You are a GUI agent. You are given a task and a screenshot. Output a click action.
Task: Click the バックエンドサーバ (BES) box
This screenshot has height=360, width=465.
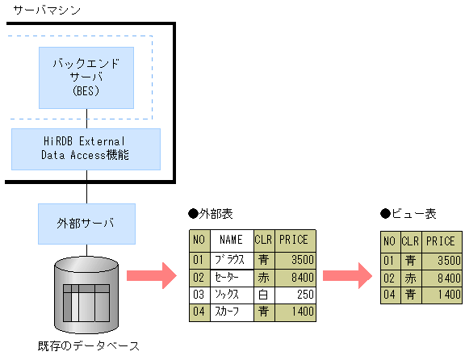(x=86, y=77)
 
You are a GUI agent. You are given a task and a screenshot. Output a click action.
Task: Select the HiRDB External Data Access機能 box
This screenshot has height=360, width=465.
(x=86, y=148)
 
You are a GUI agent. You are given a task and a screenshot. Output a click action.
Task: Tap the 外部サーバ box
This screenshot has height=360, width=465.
(x=86, y=224)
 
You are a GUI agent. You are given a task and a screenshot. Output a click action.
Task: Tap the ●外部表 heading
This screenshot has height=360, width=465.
(x=211, y=215)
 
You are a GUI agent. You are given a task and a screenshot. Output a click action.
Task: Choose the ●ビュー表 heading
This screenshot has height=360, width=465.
(x=408, y=215)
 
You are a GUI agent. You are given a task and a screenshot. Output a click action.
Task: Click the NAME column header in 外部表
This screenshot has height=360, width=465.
(x=231, y=240)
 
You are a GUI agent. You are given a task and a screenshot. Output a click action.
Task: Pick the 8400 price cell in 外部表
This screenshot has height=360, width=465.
(x=295, y=276)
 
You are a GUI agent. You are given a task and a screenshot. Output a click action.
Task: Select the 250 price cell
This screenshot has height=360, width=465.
(x=295, y=294)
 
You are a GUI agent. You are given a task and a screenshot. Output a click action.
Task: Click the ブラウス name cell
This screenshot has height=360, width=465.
(x=231, y=259)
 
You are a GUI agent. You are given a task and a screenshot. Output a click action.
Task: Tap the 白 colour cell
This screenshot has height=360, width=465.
(x=263, y=294)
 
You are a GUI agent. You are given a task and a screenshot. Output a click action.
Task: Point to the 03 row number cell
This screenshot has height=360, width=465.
(x=199, y=294)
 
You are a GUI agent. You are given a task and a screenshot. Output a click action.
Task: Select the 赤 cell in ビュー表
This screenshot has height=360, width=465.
(x=410, y=277)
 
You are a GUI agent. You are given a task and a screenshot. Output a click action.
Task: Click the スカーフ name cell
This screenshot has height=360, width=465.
(x=231, y=312)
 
